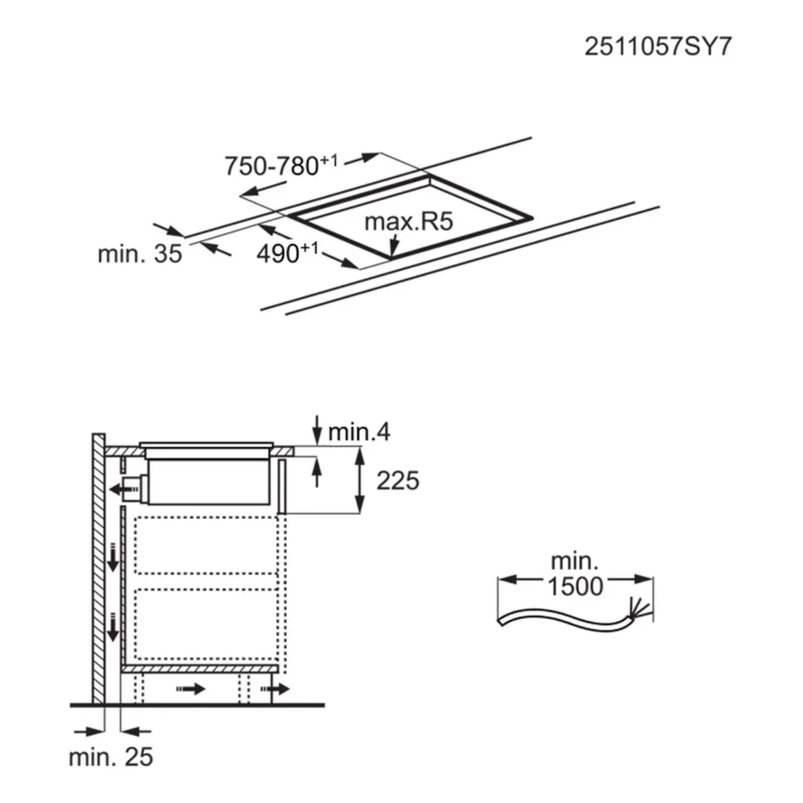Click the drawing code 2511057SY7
click(658, 45)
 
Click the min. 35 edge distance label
click(139, 254)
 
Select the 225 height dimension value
click(398, 480)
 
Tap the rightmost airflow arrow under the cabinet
click(280, 690)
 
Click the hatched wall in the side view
click(97, 566)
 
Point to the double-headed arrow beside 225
click(357, 479)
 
